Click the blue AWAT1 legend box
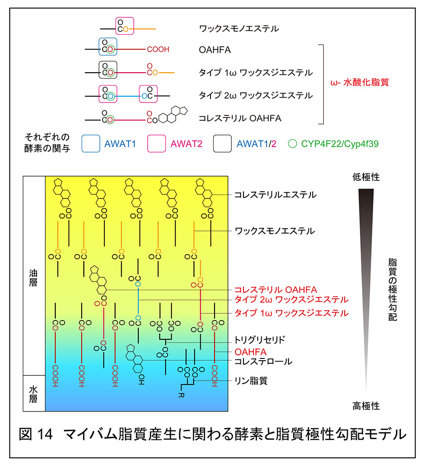pyautogui.click(x=91, y=135)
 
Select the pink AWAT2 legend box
pyautogui.click(x=157, y=135)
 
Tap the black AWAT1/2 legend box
pyautogui.click(x=223, y=135)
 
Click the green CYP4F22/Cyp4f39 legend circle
pyautogui.click(x=293, y=140)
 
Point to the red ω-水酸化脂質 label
pyautogui.click(x=359, y=82)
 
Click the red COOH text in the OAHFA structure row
pyautogui.click(x=158, y=49)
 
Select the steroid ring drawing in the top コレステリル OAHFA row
pyautogui.click(x=173, y=115)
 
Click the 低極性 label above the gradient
pyautogui.click(x=366, y=177)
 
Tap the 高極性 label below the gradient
pyautogui.click(x=366, y=406)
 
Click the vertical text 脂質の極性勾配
pyautogui.click(x=392, y=289)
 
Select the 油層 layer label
pyautogui.click(x=33, y=278)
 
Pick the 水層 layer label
pyautogui.click(x=33, y=394)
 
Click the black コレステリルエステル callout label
pyautogui.click(x=275, y=195)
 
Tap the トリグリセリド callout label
pyautogui.click(x=260, y=340)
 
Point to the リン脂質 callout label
pyautogui.click(x=251, y=381)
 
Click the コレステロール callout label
pyautogui.click(x=263, y=361)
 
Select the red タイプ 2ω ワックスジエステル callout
pyautogui.click(x=292, y=300)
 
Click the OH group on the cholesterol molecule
pyautogui.click(x=141, y=379)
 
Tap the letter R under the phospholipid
pyautogui.click(x=182, y=395)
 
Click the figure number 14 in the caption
pyautogui.click(x=44, y=434)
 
